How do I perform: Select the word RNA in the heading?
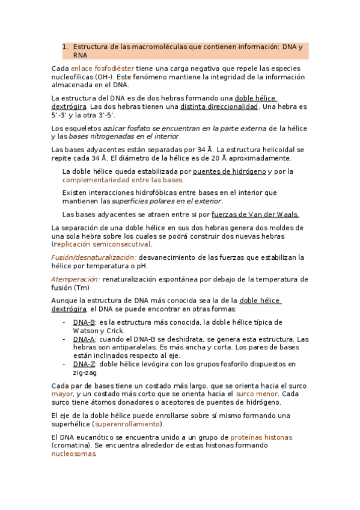coord(80,55)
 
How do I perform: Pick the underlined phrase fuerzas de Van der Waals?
coord(255,214)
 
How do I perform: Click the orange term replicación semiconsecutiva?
coord(103,244)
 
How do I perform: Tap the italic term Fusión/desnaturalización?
coord(93,257)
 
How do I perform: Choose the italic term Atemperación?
coord(76,279)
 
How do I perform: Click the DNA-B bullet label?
coord(84,322)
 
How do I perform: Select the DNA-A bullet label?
coord(84,339)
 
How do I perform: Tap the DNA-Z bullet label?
coord(84,364)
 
